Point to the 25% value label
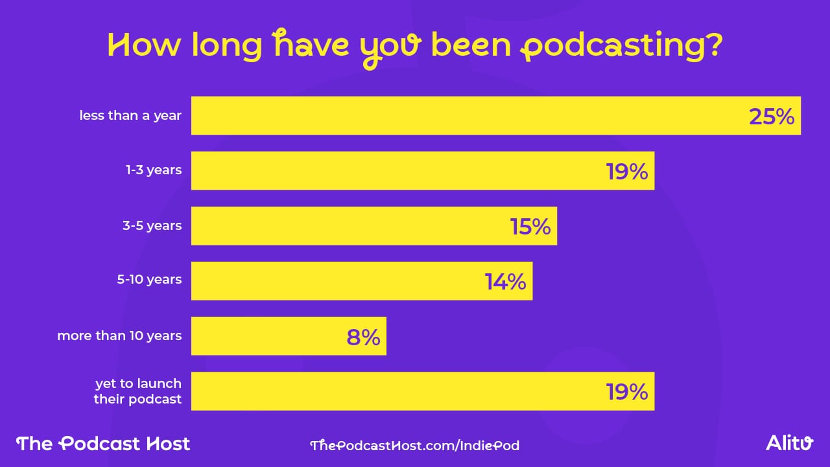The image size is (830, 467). click(x=771, y=117)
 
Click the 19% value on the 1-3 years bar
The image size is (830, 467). click(x=627, y=172)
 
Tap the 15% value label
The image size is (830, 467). click(x=530, y=227)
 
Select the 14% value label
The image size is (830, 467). click(x=505, y=282)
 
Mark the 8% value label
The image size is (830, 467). click(x=363, y=337)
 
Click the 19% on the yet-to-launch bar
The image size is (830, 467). click(x=627, y=392)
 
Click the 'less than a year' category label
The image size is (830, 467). click(x=130, y=116)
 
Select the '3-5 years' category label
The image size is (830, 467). click(x=151, y=226)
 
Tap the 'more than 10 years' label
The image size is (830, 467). click(x=119, y=336)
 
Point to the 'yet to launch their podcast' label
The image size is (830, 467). click(x=138, y=391)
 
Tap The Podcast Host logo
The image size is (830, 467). click(x=103, y=444)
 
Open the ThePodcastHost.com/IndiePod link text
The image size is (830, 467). click(x=415, y=445)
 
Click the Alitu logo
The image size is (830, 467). click(x=789, y=443)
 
